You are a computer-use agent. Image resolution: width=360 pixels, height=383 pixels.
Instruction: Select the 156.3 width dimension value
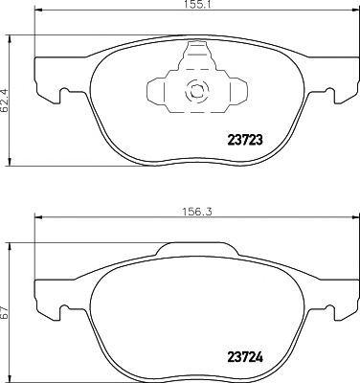(197, 212)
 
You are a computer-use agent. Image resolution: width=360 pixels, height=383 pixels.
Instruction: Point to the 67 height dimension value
(4, 313)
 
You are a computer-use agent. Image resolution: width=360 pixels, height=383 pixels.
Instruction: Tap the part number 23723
(245, 140)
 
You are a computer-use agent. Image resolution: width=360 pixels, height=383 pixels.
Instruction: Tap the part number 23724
(245, 357)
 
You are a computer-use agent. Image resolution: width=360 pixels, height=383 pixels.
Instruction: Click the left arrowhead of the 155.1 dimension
(38, 11)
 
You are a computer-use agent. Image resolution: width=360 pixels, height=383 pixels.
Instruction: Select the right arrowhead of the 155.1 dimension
(354, 11)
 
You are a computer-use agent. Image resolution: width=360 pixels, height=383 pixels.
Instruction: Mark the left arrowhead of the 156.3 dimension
(38, 218)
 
